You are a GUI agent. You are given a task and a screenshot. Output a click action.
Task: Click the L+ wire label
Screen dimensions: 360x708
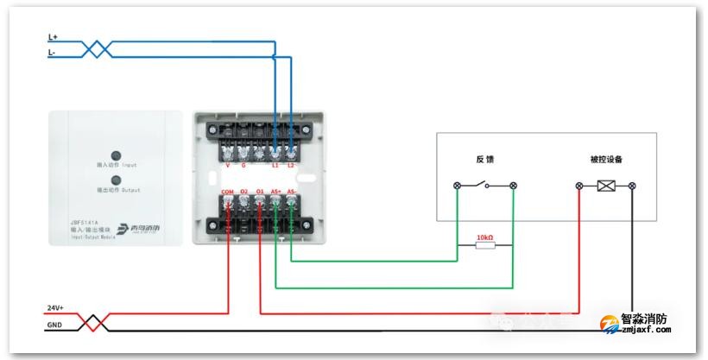click(53, 37)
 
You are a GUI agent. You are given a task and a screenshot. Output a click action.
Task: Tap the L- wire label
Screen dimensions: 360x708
click(52, 53)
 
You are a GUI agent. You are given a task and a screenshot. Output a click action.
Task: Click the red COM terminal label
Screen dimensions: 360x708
click(228, 191)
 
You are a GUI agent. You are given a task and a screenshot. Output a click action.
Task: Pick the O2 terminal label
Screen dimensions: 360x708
click(244, 191)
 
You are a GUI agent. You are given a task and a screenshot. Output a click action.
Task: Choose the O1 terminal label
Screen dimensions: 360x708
click(260, 191)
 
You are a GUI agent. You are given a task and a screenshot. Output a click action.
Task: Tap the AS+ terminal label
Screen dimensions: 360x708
click(276, 191)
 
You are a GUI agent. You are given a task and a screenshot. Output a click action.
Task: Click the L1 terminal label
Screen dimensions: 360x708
click(275, 164)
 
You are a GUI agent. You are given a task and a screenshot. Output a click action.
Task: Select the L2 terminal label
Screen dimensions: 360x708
click(291, 164)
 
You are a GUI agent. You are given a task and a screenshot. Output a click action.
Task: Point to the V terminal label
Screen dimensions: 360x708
click(228, 164)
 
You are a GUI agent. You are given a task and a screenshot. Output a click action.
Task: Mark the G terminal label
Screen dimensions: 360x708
click(243, 164)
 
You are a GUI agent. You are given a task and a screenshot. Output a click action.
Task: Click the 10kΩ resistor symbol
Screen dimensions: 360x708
click(484, 245)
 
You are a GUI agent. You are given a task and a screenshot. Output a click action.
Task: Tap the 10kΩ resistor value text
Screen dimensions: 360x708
click(484, 236)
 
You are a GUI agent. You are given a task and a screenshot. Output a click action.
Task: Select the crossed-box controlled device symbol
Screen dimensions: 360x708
click(605, 186)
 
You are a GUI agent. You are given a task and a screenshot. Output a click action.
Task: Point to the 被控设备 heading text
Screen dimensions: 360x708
click(606, 160)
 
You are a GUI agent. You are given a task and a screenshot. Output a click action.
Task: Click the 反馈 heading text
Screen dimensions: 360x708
click(484, 160)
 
